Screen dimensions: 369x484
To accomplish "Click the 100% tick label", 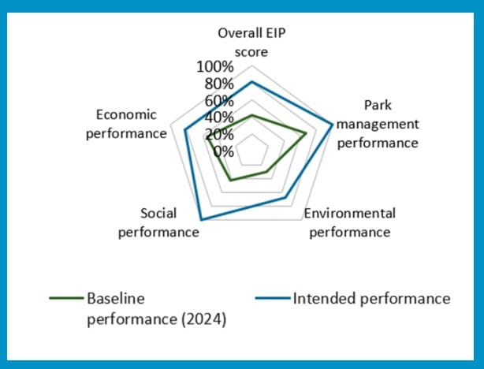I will pos(214,67).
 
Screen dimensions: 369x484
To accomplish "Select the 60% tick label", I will pos(218,101).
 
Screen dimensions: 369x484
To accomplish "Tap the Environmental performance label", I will pos(350,222).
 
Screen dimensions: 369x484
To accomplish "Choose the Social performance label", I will pos(158,222).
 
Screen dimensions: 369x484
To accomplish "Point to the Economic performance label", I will pos(126,123).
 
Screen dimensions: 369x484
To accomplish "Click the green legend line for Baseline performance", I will pos(65,299).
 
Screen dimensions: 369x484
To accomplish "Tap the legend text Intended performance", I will pos(371,299).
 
